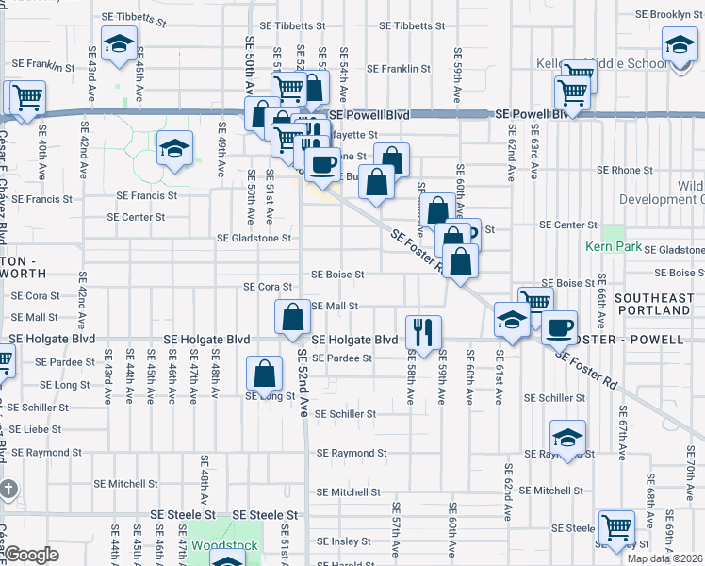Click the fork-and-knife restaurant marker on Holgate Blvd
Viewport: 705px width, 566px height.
[423, 330]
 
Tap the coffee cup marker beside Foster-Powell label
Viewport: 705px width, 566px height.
[560, 326]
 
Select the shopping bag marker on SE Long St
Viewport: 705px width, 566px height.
[265, 373]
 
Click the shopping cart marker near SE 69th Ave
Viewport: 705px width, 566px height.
[615, 525]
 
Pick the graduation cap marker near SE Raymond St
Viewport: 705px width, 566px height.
[568, 438]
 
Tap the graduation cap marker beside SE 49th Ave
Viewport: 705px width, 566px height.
[174, 149]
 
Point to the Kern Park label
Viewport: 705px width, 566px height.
[613, 247]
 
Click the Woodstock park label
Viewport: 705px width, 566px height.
[218, 545]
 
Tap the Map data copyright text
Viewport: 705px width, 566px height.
[664, 558]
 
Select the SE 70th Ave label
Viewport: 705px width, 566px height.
[689, 481]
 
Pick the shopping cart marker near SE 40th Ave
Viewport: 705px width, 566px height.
[27, 95]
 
